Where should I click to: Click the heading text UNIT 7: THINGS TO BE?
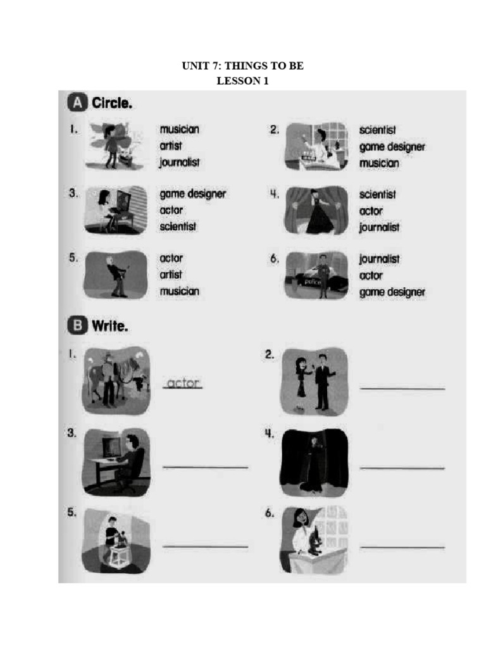point(243,66)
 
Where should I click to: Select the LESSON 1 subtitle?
point(243,81)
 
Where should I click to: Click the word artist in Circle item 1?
point(171,146)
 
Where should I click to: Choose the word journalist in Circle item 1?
point(180,162)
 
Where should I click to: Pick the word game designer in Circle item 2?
point(392,147)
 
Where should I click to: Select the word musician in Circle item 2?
point(379,163)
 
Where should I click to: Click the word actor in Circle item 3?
point(171,210)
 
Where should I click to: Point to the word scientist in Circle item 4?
point(378,194)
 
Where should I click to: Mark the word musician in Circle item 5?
point(179,291)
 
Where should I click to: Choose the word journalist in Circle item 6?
point(380,259)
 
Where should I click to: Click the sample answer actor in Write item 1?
point(182,383)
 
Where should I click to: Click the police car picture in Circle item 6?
point(316,275)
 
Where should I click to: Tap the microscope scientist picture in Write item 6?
point(314,539)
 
